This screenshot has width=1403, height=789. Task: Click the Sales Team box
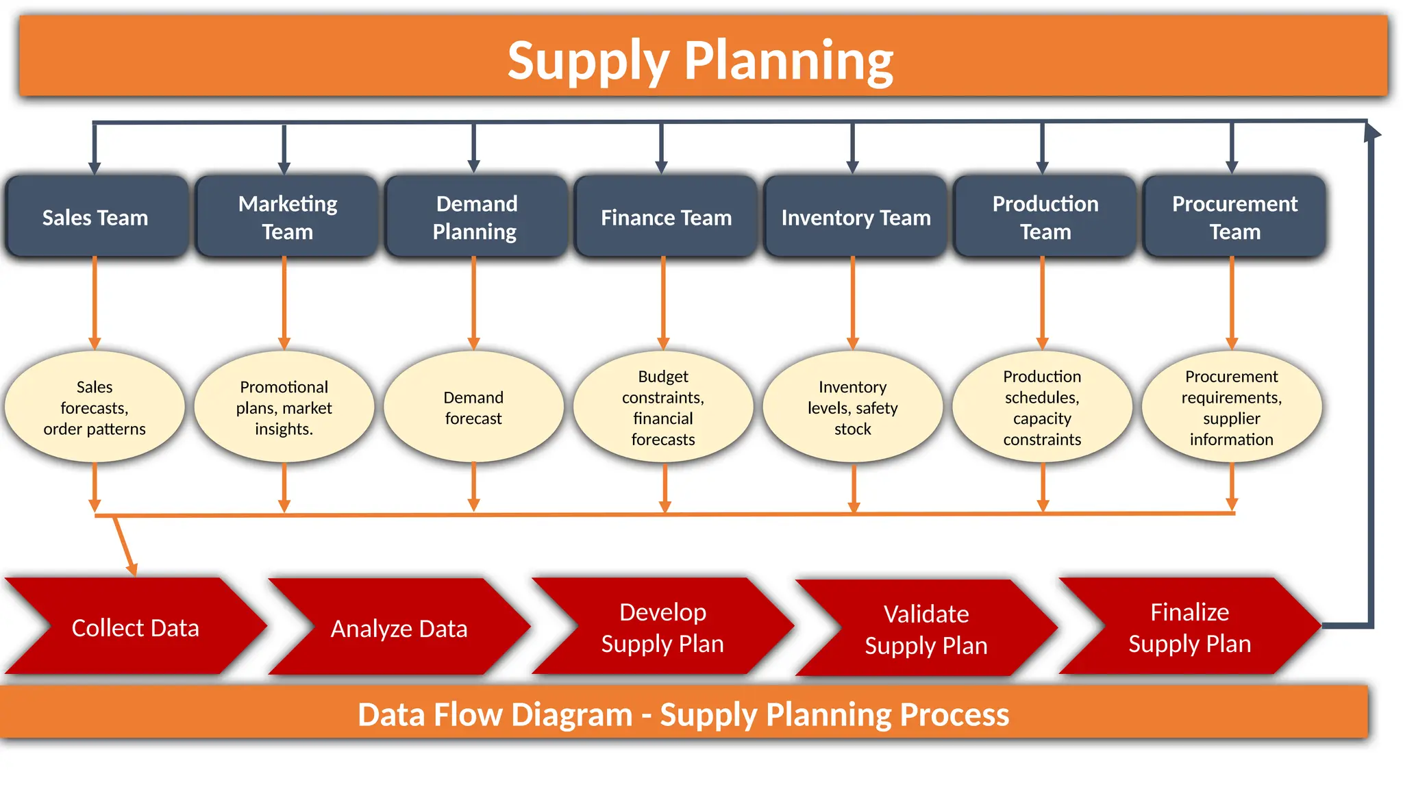point(96,217)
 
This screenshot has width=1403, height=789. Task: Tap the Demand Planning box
point(476,217)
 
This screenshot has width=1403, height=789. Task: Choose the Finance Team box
point(666,217)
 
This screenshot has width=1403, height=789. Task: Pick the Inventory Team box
point(856,217)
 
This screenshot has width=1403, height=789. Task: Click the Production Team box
point(1045,217)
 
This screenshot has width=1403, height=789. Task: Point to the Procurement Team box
point(1234,217)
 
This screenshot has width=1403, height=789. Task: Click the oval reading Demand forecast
point(473,408)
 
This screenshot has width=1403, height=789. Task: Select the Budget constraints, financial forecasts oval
point(663,408)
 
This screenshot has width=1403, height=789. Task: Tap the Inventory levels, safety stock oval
point(852,408)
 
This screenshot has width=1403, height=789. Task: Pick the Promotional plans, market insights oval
point(284,408)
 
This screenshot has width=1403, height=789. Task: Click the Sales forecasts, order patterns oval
point(95,408)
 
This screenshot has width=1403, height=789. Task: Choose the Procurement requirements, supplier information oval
point(1231,408)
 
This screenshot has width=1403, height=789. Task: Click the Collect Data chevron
point(136,627)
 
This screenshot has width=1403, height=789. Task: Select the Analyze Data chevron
point(399,627)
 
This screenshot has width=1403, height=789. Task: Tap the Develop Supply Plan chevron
point(662,627)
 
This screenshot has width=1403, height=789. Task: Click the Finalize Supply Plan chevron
point(1190,627)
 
